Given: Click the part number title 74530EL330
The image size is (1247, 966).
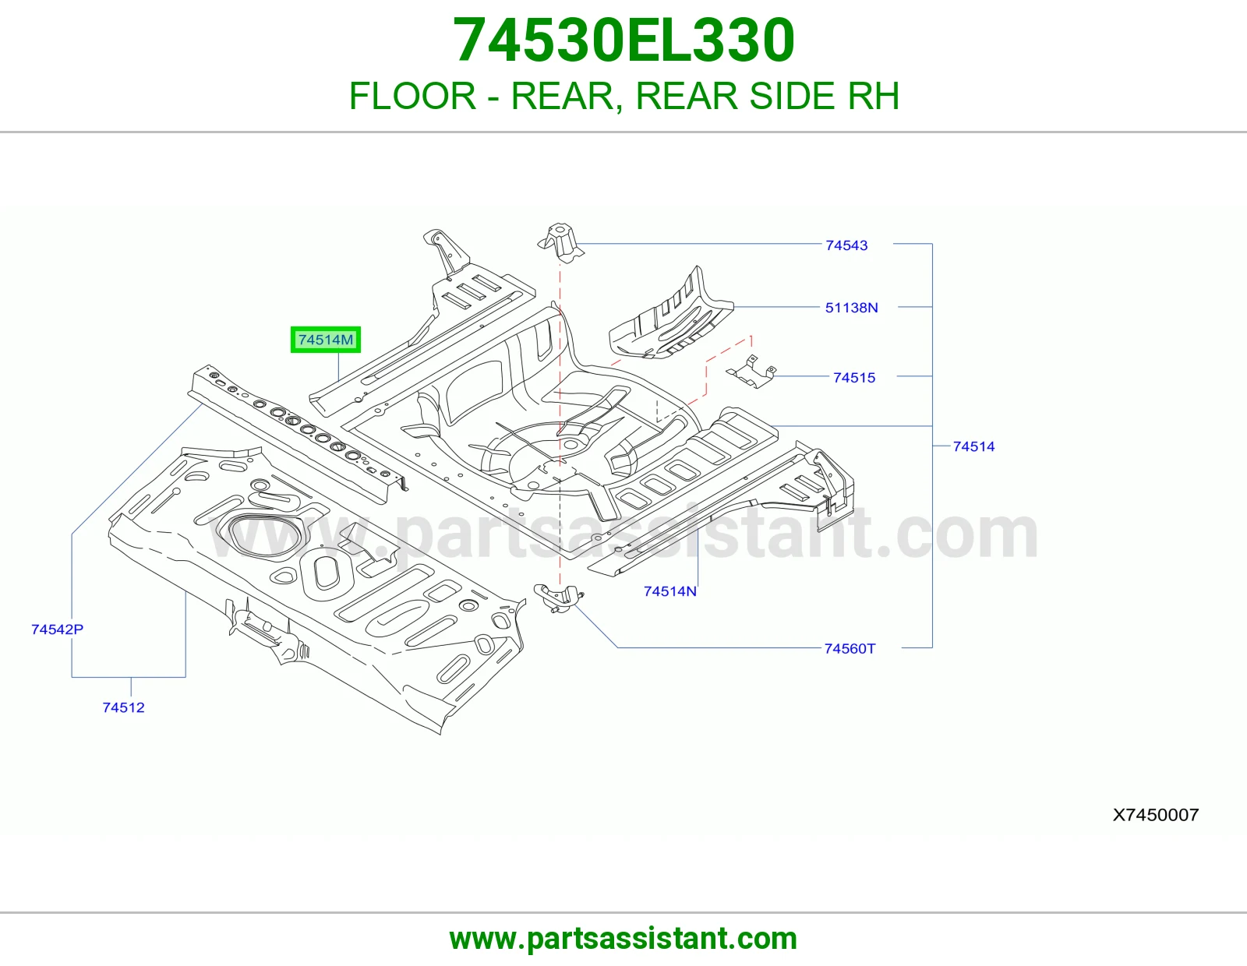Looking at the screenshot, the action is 623,40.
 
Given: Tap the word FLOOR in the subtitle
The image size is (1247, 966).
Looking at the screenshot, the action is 412,96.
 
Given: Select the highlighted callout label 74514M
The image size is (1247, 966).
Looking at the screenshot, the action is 325,340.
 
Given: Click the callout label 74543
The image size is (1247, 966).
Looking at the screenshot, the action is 846,245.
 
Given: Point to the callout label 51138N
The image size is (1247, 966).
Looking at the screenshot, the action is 852,308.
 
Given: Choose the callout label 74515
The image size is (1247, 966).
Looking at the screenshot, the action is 854,378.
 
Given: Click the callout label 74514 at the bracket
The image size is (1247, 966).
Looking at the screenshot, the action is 974,447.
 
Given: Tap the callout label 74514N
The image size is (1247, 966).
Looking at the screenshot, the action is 670,591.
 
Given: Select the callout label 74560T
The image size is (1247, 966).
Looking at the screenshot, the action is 850,649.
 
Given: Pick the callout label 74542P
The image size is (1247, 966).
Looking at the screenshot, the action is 58,630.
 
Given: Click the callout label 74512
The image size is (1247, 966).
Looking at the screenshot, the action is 123,708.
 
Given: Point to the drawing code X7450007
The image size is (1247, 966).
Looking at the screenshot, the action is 1156,815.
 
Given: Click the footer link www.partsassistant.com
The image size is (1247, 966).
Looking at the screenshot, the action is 623,939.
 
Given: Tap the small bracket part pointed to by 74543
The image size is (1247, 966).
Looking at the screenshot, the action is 560,243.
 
